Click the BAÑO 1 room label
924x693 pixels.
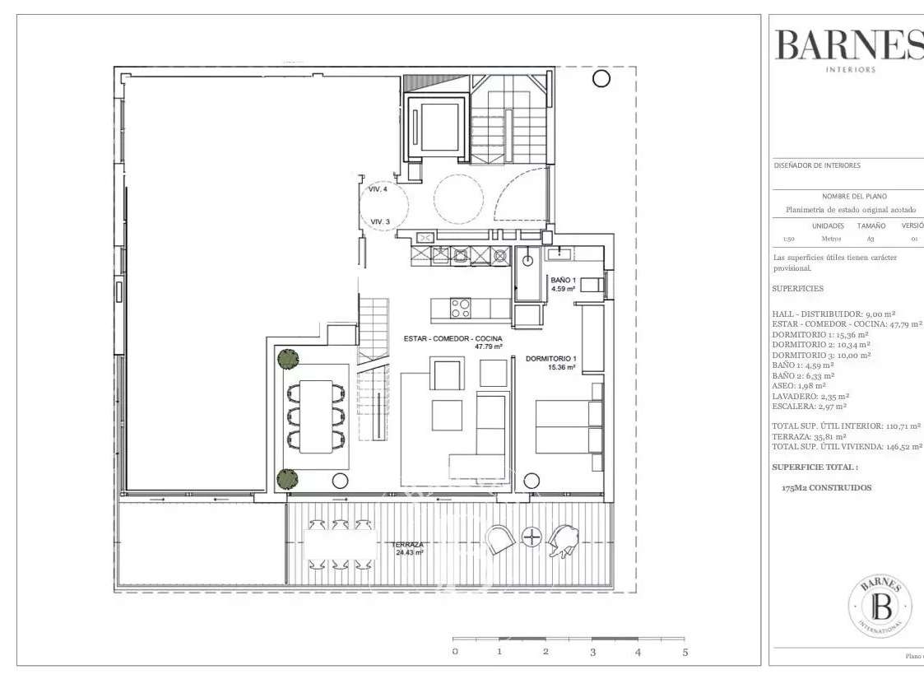563,285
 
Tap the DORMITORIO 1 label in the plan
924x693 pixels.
550,363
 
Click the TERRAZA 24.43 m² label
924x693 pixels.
407,549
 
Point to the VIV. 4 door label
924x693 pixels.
378,190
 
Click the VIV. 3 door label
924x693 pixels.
379,221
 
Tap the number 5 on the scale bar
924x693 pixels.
685,652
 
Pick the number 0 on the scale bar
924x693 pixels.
454,652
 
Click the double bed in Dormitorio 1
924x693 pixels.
569,426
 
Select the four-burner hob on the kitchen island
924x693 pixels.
460,309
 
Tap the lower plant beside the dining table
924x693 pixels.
287,477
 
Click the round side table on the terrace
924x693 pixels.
533,537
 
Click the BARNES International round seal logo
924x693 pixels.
880,607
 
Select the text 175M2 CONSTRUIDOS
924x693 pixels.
826,488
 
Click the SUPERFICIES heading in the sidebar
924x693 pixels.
797,289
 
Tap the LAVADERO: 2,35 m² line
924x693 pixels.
810,396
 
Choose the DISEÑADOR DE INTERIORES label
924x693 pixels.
817,165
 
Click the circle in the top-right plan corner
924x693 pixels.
601,78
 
